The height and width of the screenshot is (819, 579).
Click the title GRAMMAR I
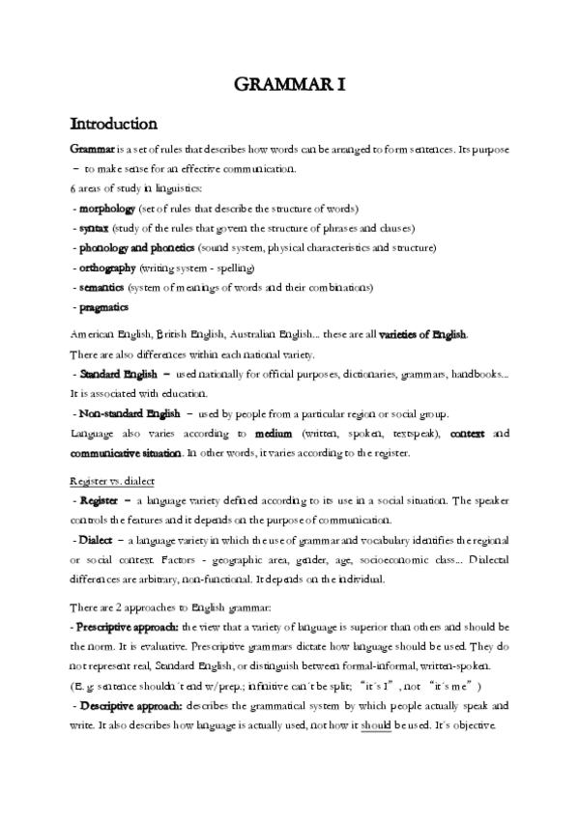pyautogui.click(x=289, y=86)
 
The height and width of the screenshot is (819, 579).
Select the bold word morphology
pyautogui.click(x=107, y=209)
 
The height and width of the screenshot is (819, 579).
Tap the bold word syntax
pyautogui.click(x=94, y=228)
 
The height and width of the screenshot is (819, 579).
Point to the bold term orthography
pyautogui.click(x=108, y=268)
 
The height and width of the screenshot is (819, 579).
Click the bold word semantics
pyautogui.click(x=104, y=288)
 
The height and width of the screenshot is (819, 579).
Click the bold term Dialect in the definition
pyautogui.click(x=99, y=539)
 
